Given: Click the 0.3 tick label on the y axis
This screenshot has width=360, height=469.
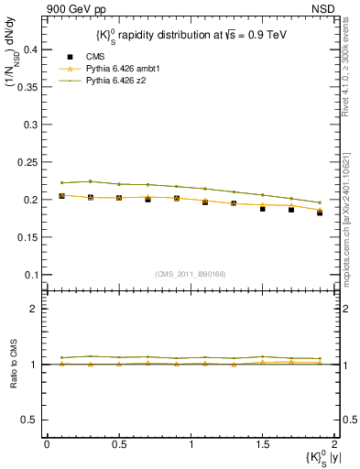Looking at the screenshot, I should point(32,125).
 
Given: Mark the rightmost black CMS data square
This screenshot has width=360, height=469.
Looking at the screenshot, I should point(320,213).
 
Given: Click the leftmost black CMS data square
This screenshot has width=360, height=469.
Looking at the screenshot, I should point(61,195).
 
